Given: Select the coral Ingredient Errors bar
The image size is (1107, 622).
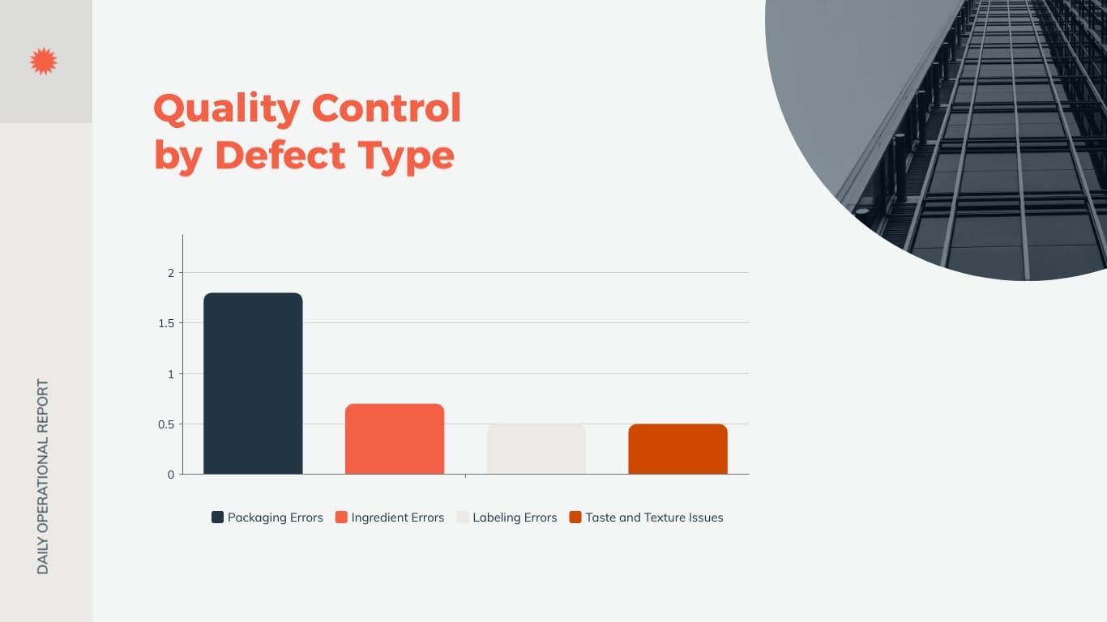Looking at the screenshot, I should tap(395, 439).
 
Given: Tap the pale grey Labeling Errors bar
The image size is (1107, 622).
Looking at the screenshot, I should tap(536, 449).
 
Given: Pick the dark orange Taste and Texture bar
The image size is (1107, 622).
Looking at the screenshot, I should tap(677, 449).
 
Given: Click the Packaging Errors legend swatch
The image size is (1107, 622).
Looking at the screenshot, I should tap(217, 518).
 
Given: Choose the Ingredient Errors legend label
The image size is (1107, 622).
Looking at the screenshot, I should tap(397, 518).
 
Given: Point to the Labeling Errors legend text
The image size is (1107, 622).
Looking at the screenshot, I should tap(515, 518).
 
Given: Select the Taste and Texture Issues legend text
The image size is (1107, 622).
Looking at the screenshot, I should tap(654, 518).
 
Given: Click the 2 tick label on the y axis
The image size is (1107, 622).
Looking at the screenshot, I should tap(171, 273).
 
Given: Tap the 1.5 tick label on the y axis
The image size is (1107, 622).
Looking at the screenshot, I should tap(166, 323).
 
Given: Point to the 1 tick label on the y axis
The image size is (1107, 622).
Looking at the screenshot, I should tap(171, 374).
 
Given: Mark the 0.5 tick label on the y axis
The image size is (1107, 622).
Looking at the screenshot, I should tap(166, 424).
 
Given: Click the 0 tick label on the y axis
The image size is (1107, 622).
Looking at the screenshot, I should tap(171, 475).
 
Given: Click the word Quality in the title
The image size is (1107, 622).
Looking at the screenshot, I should tap(226, 109).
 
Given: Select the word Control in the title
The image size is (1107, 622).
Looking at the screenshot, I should tap(387, 108).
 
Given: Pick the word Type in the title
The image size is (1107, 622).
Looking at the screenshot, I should tap(412, 156).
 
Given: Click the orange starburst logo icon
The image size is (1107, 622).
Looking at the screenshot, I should tap(43, 62).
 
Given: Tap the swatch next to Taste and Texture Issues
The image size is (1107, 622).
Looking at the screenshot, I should tap(575, 518).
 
